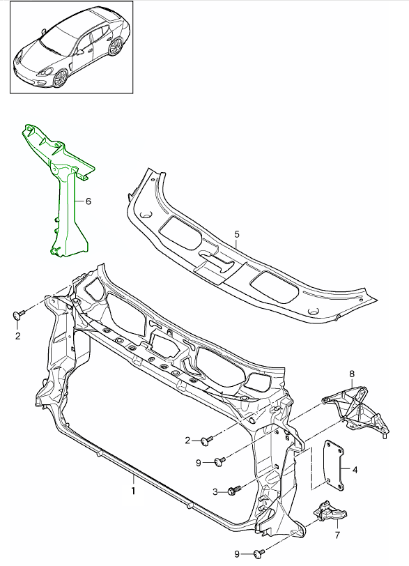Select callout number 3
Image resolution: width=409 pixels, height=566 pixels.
[x=215, y=491]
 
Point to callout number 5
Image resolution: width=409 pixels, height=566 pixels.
[x=236, y=235]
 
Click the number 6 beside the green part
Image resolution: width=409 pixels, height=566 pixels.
[x=88, y=201]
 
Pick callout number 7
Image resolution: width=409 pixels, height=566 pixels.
[x=337, y=535]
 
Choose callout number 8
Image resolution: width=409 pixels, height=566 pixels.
[x=352, y=374]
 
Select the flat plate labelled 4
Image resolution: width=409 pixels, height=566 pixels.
[x=333, y=463]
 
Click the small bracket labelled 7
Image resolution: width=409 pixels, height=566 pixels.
[x=330, y=514]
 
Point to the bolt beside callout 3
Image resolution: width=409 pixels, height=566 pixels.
[x=234, y=490]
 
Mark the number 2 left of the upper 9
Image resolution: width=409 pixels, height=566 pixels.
[x=187, y=440]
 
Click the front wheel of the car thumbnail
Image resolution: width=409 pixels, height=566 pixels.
[x=61, y=77]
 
